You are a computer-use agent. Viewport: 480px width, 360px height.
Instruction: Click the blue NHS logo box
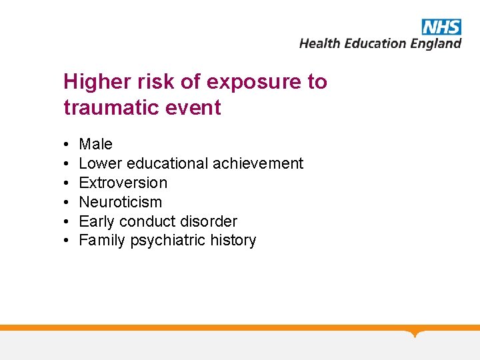441,27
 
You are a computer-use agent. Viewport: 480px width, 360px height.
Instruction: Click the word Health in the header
320,43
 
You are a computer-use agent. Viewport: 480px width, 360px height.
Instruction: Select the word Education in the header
374,43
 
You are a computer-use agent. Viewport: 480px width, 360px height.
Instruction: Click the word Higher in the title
96,82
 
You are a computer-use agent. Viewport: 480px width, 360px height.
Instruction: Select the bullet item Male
95,144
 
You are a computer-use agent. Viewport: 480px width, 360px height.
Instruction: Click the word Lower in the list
100,163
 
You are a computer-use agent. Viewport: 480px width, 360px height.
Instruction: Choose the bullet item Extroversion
123,183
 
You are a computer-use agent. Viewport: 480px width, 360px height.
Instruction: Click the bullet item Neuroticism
120,202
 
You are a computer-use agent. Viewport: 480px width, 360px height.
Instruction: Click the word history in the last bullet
234,241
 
